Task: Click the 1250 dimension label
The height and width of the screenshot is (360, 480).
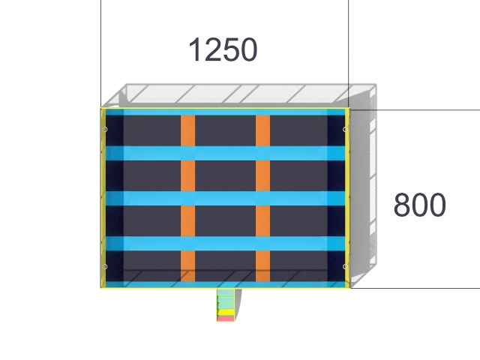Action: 223,49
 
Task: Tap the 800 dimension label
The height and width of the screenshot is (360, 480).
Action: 420,205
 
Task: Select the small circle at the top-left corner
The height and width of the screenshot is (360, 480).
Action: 104,130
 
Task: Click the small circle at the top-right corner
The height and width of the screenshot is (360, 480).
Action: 345,130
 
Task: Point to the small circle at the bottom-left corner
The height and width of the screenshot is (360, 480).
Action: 104,267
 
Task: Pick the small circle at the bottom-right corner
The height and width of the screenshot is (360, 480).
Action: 345,267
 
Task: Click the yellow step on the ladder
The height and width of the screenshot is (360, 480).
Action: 226,313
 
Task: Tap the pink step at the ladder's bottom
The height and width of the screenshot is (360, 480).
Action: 226,319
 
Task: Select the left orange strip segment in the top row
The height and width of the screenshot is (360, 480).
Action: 187,130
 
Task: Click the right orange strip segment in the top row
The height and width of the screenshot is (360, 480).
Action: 262,130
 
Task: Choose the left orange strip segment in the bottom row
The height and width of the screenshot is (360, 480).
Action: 187,266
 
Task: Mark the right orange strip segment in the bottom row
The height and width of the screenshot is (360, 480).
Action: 262,266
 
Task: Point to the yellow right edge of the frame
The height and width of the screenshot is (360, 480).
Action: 347,198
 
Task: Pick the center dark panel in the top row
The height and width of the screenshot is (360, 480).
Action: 225,130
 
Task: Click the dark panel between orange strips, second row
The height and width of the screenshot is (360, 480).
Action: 225,176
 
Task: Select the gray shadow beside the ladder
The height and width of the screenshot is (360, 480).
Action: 238,304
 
